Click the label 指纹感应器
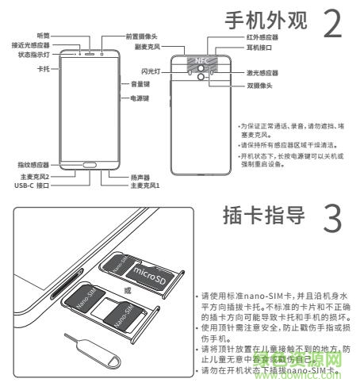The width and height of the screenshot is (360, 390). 33,164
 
